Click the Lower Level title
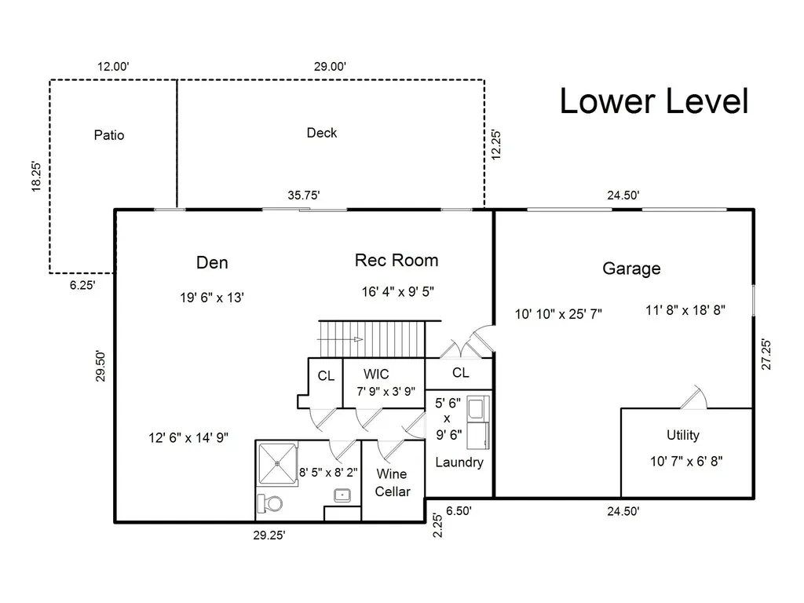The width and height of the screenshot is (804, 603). [x=654, y=101]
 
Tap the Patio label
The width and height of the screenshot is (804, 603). [x=108, y=135]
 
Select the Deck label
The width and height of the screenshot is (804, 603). [x=321, y=133]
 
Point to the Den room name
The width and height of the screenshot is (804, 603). [x=212, y=262]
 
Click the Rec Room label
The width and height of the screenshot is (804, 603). [x=397, y=260]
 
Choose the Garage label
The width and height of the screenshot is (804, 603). [x=631, y=269]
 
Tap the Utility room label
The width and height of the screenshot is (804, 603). [x=682, y=435]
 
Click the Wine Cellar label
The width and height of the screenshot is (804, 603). [x=393, y=483]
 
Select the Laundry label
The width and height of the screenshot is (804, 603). [x=459, y=462]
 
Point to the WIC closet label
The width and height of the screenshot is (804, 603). [x=376, y=374]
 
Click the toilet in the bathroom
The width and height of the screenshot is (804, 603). [x=270, y=503]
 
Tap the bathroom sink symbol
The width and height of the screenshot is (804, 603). [x=342, y=495]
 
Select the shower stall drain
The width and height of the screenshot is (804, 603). [x=277, y=463]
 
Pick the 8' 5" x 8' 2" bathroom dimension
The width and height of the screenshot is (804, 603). [x=328, y=472]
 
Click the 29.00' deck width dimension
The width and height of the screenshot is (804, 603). [x=330, y=67]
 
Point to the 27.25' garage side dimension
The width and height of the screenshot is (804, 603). [x=766, y=354]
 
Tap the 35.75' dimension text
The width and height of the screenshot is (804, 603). [x=304, y=196]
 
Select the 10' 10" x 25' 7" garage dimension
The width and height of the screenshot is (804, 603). [x=558, y=314]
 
